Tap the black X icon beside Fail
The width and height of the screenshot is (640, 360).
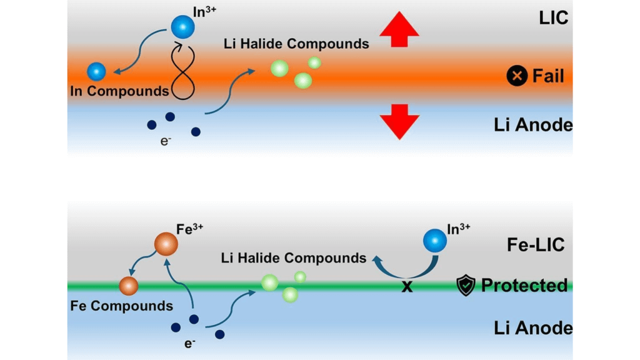(x=517, y=76)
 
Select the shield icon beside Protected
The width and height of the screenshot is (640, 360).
(x=466, y=285)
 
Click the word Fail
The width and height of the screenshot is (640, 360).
(x=548, y=76)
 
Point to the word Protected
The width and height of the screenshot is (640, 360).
(x=524, y=285)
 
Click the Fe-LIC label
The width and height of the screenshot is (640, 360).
(x=536, y=245)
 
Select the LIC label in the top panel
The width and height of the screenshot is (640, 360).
(x=554, y=17)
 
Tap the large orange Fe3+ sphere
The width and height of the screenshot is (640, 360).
(x=166, y=244)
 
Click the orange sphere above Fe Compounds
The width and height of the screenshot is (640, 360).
(x=129, y=286)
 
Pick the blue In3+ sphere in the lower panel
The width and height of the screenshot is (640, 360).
(x=435, y=241)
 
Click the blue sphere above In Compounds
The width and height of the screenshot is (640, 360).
(x=96, y=72)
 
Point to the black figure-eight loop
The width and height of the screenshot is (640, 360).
(x=182, y=72)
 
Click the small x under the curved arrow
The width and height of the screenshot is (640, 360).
(x=407, y=287)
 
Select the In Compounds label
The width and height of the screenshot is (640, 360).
(x=119, y=91)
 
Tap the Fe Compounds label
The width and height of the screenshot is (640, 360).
(x=122, y=306)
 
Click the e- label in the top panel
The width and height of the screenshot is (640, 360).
(x=166, y=141)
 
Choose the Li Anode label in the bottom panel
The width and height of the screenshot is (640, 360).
(x=533, y=327)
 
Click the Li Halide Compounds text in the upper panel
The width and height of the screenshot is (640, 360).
(x=296, y=44)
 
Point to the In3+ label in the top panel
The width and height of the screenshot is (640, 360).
(x=204, y=11)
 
